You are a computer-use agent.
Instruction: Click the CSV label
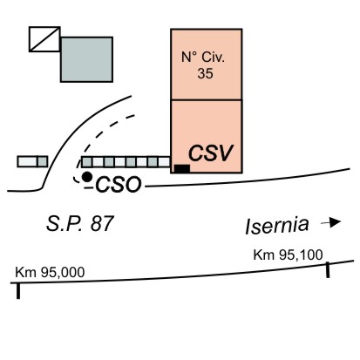coord(211,153)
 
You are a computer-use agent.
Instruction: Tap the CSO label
coord(119,185)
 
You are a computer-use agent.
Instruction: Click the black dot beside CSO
coord(87,176)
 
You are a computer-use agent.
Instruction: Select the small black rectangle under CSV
coord(182,168)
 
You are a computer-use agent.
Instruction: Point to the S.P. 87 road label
coord(79,224)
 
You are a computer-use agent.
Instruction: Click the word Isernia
coord(276,226)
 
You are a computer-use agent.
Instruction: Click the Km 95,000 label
coord(50,272)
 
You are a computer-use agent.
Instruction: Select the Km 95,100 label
coord(288,255)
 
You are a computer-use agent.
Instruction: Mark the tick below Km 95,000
coord(18,290)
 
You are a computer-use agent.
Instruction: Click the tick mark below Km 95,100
coord(328,270)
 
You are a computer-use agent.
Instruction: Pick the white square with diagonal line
coord(44,39)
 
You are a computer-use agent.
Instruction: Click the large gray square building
coord(86,59)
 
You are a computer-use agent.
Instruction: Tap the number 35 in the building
coord(205,73)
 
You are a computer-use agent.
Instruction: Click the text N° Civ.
coord(203,57)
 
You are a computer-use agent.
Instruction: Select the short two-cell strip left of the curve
coord(32,161)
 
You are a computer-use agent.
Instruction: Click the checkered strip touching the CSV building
coord(126,162)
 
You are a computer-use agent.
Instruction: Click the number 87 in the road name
coord(102,224)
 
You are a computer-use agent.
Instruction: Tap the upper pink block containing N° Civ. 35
coord(206,65)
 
